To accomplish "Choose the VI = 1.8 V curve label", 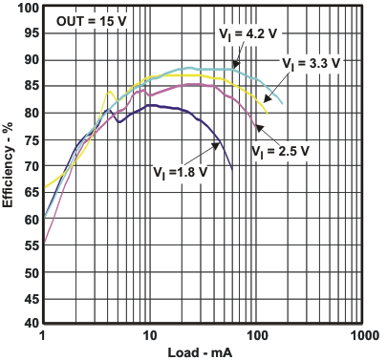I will click(x=180, y=172).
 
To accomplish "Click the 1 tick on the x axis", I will click(x=43, y=337).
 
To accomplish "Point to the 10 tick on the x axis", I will click(x=149, y=337).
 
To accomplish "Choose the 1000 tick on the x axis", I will click(x=361, y=337).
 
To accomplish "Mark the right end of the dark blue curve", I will click(x=232, y=170).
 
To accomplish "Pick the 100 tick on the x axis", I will click(x=255, y=337).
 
